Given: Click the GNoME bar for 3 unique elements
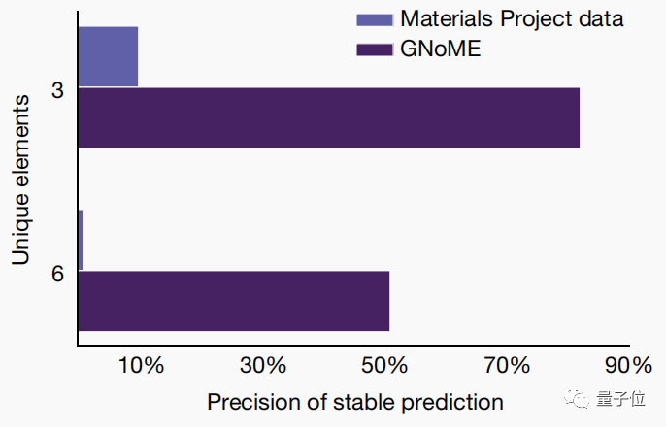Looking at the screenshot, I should point(328,117).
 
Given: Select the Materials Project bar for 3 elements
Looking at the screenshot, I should point(108,56).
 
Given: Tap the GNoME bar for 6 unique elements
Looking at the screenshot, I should point(233,301).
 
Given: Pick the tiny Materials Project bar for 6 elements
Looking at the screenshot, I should point(80,240).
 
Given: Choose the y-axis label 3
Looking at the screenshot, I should point(56,90).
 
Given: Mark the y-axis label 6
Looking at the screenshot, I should point(56,274).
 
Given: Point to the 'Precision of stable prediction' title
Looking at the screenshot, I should point(355,402).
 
